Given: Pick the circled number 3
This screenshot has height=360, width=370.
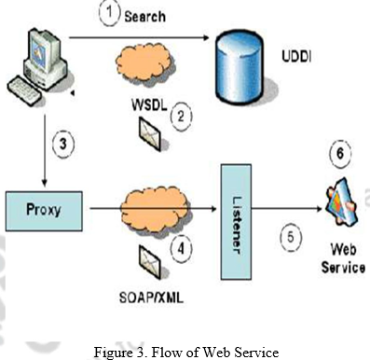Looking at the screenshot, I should (62, 145).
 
